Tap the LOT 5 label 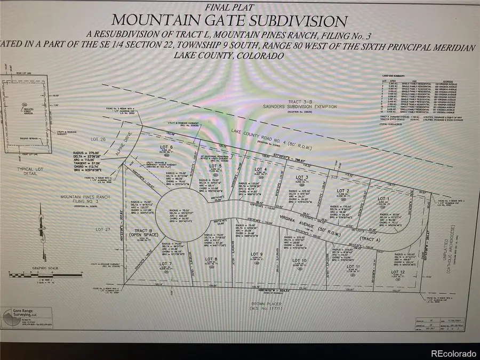(216, 166)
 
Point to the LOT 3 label (302, 177)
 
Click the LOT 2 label (343, 190)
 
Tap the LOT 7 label (165, 263)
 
